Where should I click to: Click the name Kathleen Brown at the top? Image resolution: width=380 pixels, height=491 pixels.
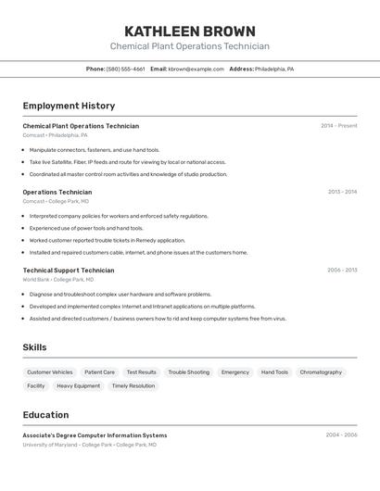tap(189, 31)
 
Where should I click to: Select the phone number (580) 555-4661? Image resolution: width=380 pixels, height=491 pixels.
tap(125, 69)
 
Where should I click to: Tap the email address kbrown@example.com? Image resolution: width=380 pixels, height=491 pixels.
tap(196, 69)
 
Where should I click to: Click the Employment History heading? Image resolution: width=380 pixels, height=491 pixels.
tap(69, 106)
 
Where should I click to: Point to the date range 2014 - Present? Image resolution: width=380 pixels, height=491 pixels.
tap(338, 126)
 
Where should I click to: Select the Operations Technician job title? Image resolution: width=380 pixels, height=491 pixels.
tap(57, 193)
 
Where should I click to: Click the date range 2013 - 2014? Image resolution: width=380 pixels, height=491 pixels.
tap(341, 193)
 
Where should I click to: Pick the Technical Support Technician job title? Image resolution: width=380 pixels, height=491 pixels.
tap(69, 271)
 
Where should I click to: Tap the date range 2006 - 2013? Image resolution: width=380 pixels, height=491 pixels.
tap(341, 271)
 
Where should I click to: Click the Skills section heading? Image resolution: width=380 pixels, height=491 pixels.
tap(35, 347)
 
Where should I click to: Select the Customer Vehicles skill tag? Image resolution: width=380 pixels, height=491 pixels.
tap(50, 372)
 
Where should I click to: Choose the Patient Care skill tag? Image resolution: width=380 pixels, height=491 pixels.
tap(99, 372)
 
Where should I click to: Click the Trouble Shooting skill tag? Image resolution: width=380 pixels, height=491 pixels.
tap(189, 372)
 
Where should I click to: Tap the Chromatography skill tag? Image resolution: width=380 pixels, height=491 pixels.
tap(321, 372)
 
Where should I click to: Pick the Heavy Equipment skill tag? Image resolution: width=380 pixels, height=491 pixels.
tap(78, 386)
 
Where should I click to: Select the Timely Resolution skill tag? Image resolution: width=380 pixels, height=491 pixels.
tap(133, 386)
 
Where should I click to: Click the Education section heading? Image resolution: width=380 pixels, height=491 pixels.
tap(45, 415)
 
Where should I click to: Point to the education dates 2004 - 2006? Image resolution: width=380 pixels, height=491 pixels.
tap(341, 434)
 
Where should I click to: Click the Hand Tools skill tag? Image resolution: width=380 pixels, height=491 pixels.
tap(274, 372)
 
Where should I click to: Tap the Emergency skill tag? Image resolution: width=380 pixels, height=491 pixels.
tap(235, 372)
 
